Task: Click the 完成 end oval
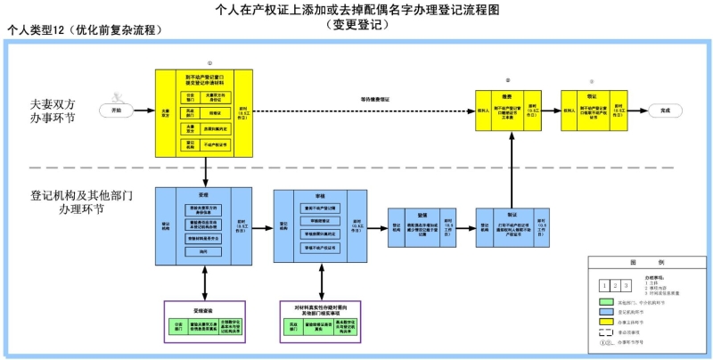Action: [x=660, y=110]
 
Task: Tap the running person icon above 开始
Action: [x=117, y=95]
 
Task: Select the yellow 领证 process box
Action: [x=593, y=110]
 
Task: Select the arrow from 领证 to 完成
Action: [x=634, y=110]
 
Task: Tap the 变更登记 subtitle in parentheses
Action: [x=356, y=25]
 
